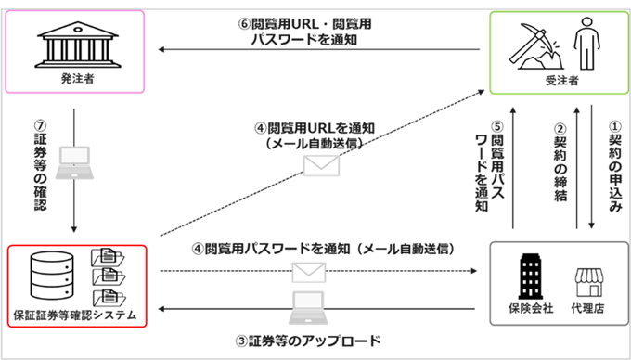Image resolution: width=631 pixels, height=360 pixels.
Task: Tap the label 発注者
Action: click(74, 81)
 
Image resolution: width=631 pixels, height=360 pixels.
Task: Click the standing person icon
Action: click(585, 43)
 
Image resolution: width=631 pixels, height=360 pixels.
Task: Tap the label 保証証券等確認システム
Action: click(74, 315)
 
